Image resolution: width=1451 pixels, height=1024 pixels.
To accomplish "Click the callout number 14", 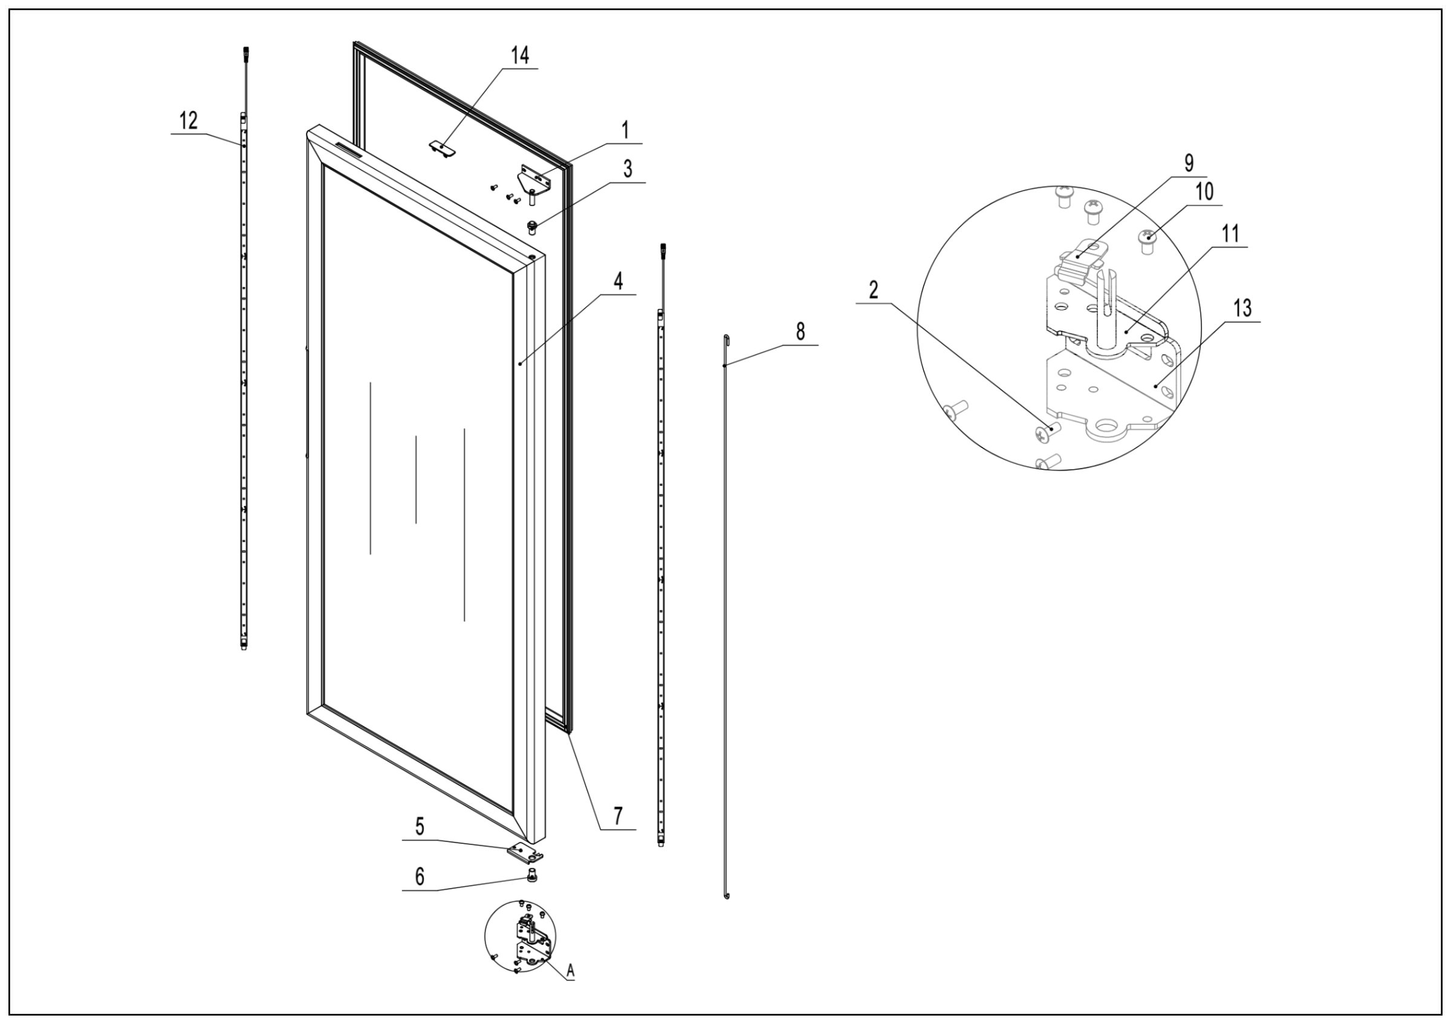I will (x=519, y=56).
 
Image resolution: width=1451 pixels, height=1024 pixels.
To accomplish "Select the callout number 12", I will (x=188, y=120).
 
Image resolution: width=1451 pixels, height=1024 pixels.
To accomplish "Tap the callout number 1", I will (x=625, y=131).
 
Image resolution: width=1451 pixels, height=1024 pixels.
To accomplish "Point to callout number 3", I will (x=627, y=169).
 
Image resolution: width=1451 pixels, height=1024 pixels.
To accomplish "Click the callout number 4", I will (x=618, y=281).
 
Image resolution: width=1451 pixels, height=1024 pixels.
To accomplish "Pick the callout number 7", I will (x=617, y=815).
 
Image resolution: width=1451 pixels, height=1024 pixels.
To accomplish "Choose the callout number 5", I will (x=420, y=826).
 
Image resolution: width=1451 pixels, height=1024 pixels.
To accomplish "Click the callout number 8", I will (x=800, y=331).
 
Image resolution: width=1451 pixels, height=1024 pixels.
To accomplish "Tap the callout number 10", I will (x=1205, y=192).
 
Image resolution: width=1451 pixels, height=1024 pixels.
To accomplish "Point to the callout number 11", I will (x=1230, y=234).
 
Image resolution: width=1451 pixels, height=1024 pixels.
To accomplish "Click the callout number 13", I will (x=1242, y=308).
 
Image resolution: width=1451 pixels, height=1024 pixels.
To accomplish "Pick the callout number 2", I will (x=874, y=290).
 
